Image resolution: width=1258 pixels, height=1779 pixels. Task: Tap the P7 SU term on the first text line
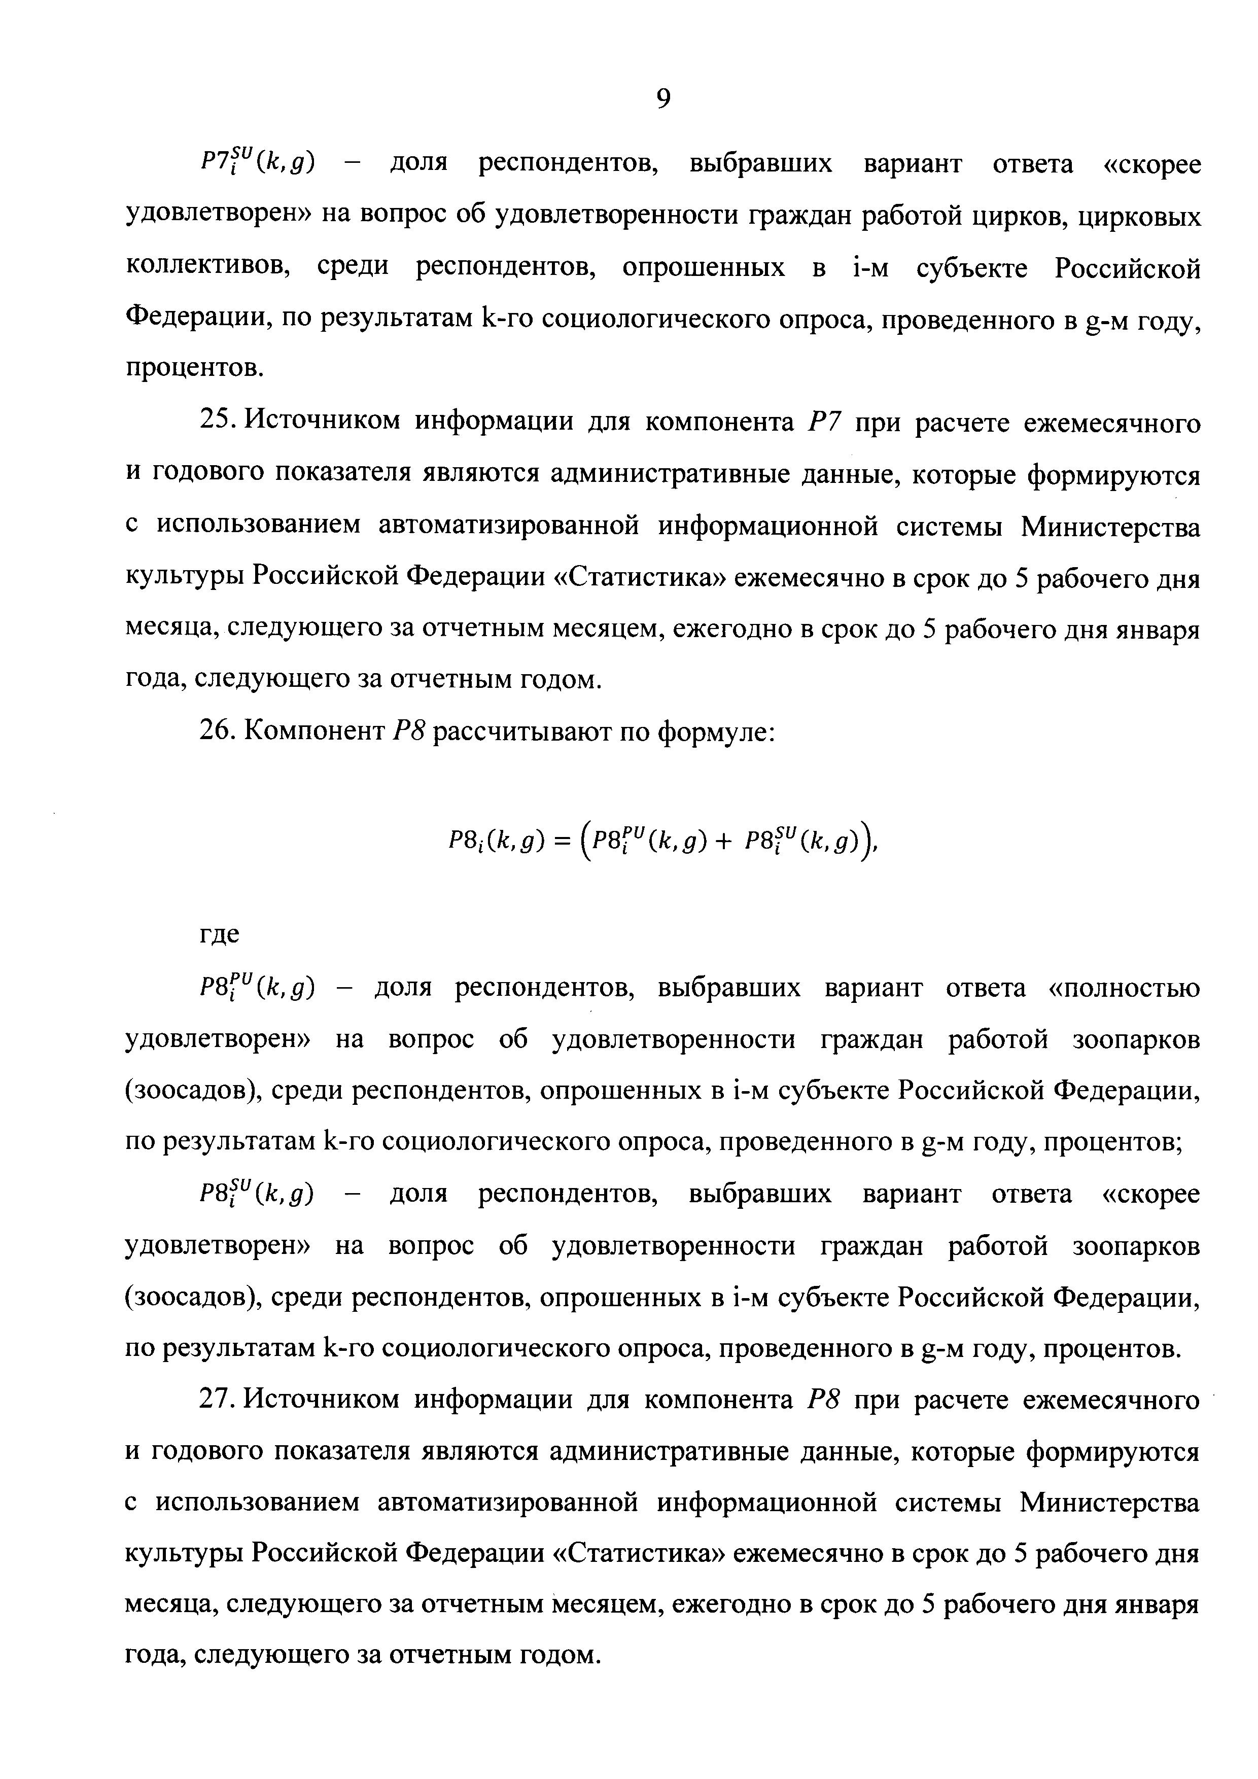tap(256, 164)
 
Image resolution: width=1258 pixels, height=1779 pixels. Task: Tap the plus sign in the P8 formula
tap(723, 839)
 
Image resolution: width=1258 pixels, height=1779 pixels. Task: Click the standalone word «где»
tap(221, 934)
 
